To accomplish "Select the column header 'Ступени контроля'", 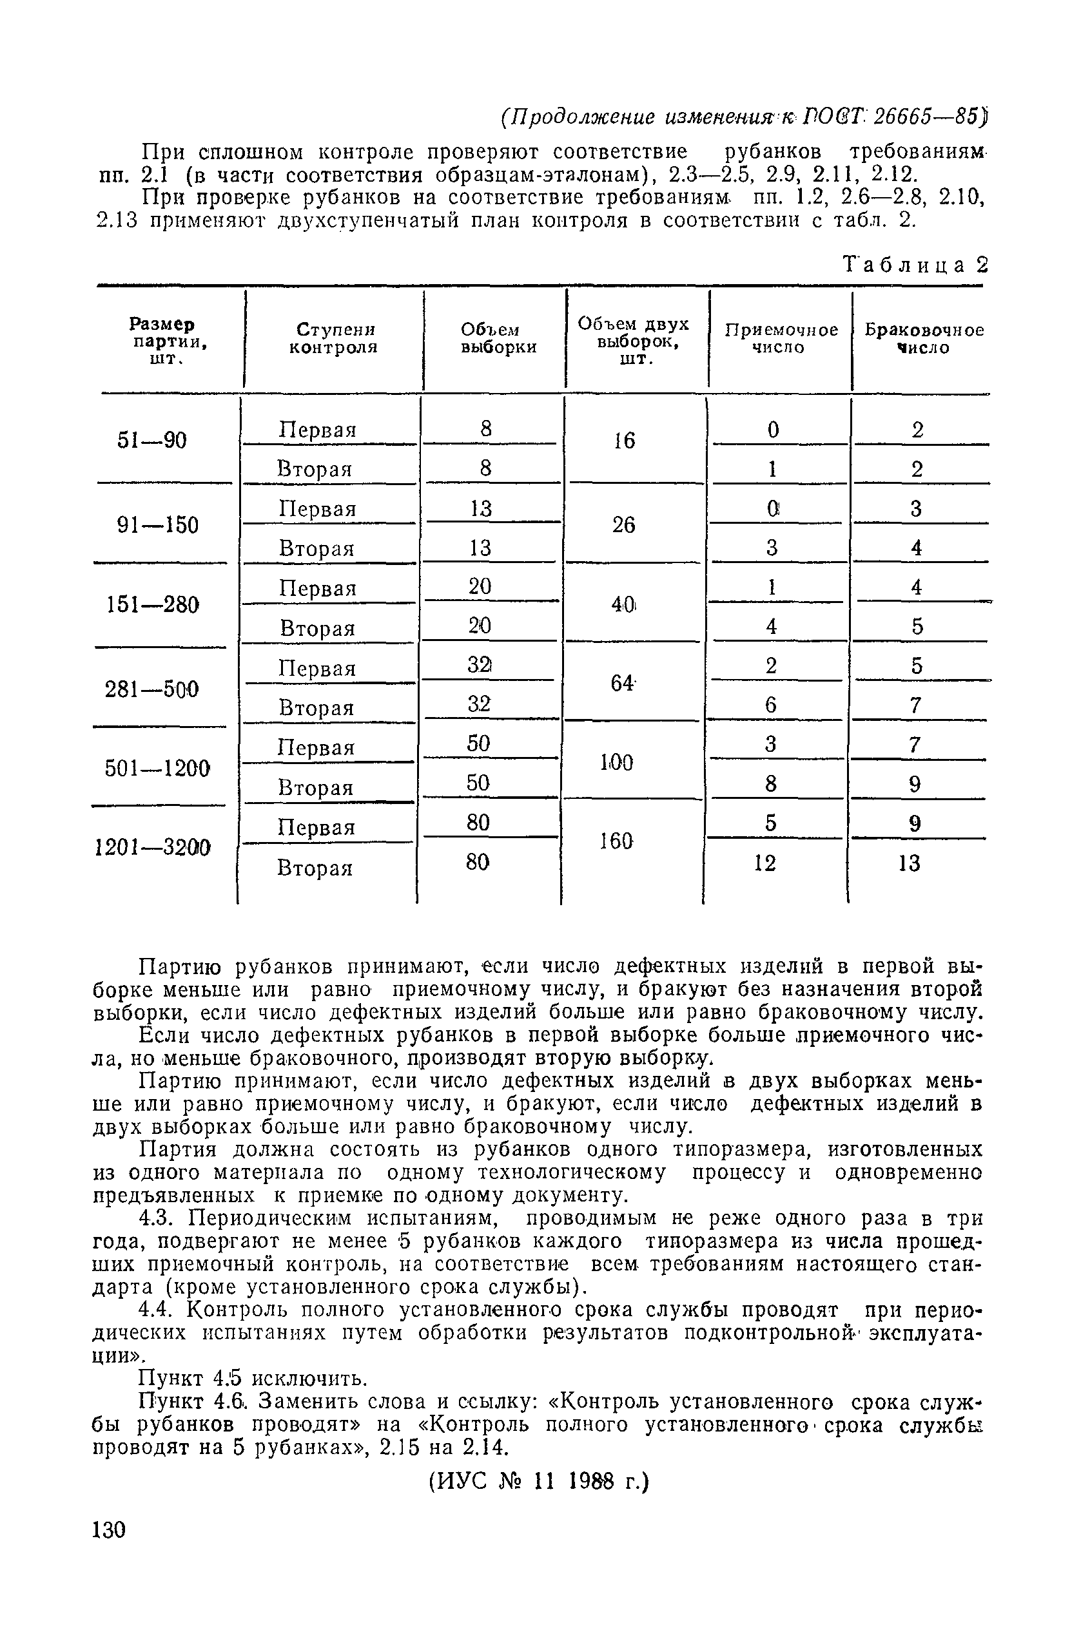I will pyautogui.click(x=335, y=338).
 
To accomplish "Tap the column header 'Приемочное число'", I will pyautogui.click(x=781, y=338).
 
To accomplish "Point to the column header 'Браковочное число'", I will pyautogui.click(x=924, y=338).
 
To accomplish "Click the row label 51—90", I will pyautogui.click(x=151, y=440).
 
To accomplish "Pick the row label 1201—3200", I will pyautogui.click(x=152, y=847).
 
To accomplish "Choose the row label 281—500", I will pyautogui.click(x=151, y=689).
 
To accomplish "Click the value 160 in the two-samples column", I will pyautogui.click(x=616, y=841).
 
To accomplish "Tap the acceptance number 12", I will pyautogui.click(x=765, y=863).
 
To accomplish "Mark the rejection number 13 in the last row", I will pyautogui.click(x=910, y=863).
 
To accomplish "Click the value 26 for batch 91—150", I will pyautogui.click(x=623, y=526).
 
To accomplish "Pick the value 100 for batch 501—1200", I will pyautogui.click(x=616, y=763).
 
